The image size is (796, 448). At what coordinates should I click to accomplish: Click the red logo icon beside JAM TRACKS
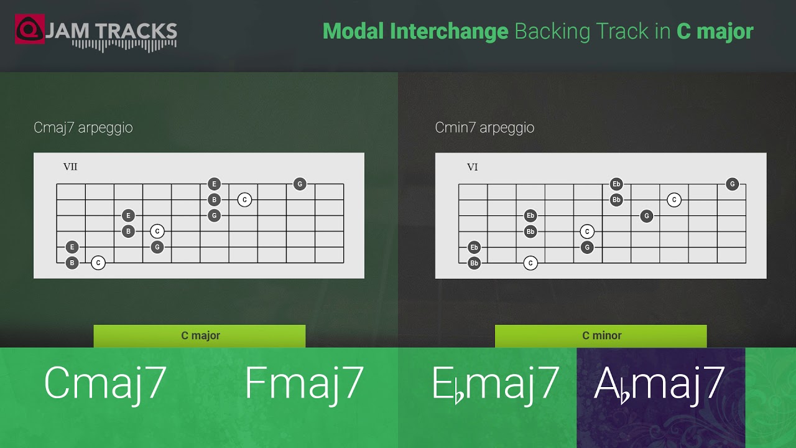[x=29, y=29]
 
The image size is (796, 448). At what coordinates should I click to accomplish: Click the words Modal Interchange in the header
[x=415, y=31]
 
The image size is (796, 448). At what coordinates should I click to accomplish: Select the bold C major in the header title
[x=715, y=31]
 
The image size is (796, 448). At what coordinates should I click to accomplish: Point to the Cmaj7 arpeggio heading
[x=83, y=128]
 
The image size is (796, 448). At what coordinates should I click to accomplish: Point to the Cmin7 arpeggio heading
[x=484, y=128]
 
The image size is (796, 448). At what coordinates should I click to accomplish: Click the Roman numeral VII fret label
[x=70, y=167]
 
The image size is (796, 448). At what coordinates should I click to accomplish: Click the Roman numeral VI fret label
[x=472, y=167]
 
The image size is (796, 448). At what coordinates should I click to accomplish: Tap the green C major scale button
[x=200, y=336]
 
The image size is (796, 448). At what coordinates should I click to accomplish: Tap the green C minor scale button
[x=601, y=336]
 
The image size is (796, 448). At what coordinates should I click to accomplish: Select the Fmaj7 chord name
[x=304, y=383]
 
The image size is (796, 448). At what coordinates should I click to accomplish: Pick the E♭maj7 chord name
[x=496, y=383]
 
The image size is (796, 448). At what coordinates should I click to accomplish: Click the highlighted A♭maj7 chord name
[x=660, y=383]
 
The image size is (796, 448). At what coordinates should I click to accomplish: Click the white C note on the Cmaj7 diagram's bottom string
[x=98, y=263]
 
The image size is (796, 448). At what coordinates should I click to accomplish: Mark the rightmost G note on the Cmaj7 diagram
[x=300, y=184]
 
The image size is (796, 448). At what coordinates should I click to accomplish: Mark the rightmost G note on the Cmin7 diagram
[x=733, y=184]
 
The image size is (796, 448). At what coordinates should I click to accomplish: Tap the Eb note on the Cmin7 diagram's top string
[x=616, y=184]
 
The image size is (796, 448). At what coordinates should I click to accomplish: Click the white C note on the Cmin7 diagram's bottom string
[x=530, y=263]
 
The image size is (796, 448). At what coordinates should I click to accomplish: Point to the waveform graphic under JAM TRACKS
[x=124, y=45]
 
